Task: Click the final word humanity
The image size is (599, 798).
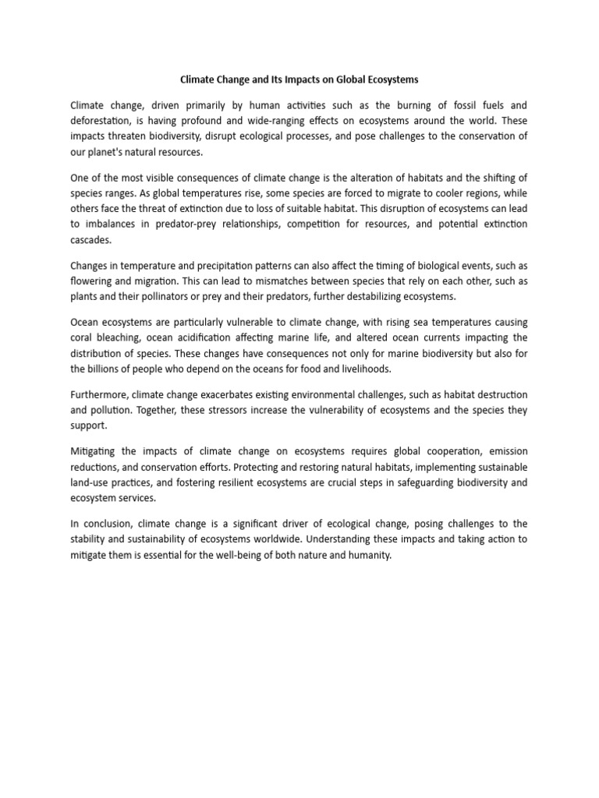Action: pos(364,554)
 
